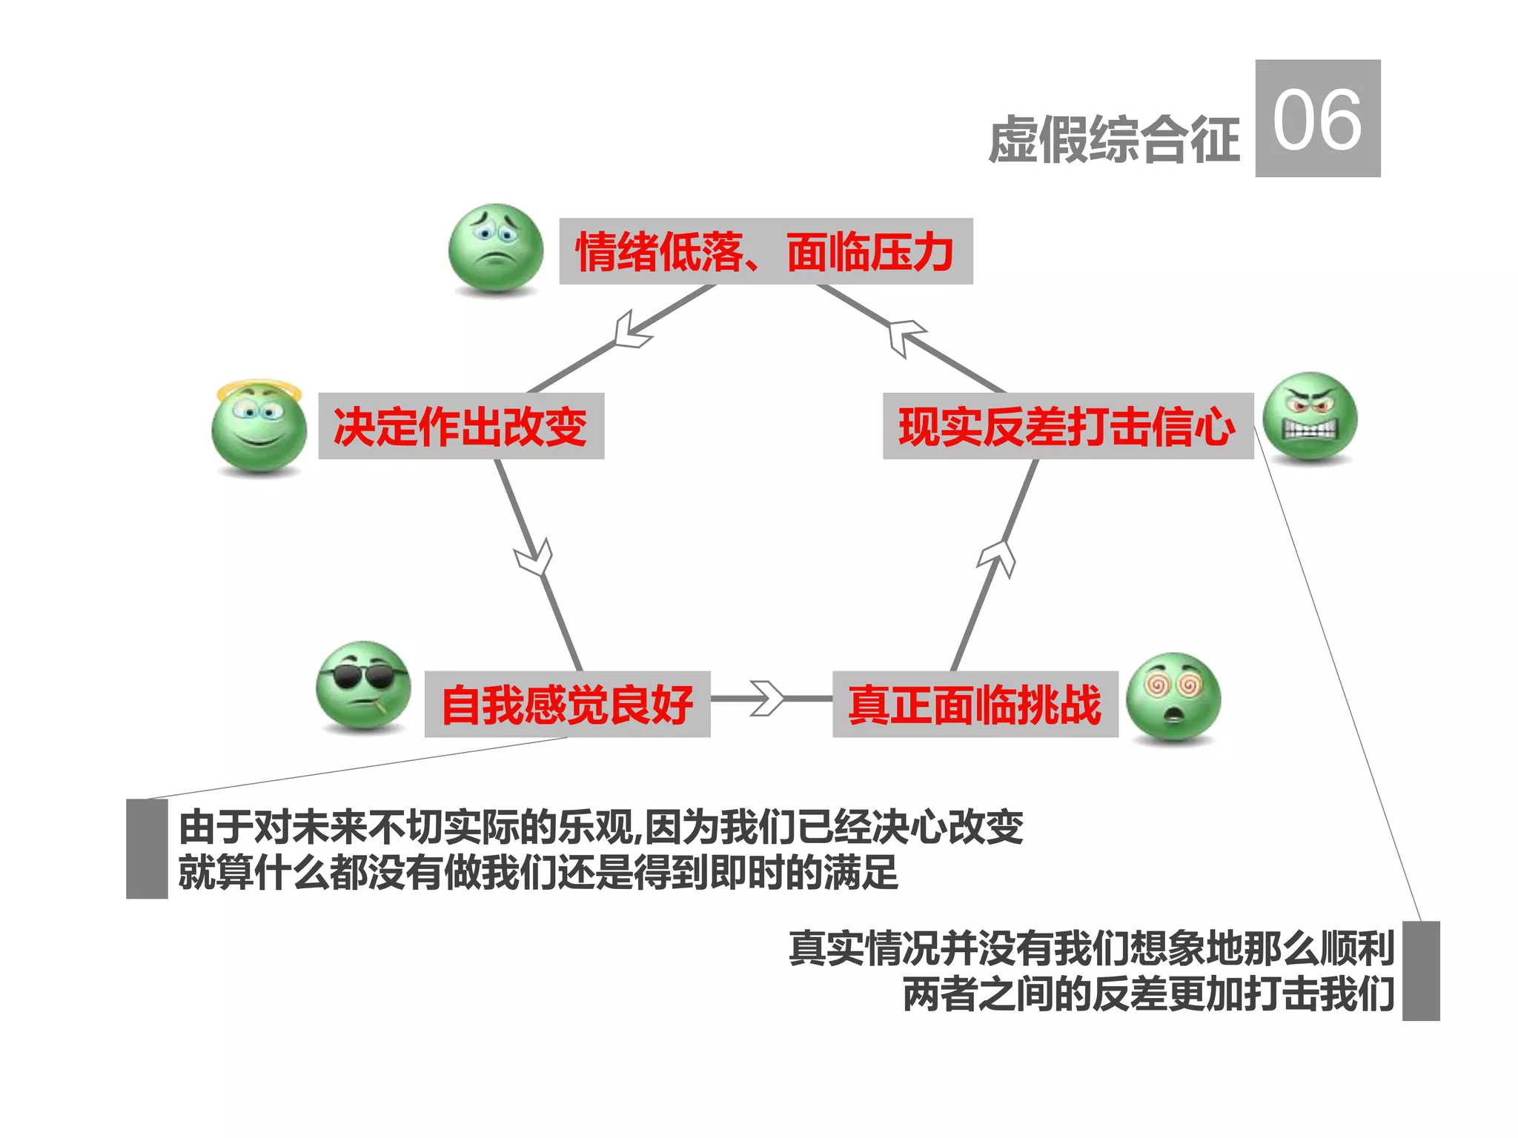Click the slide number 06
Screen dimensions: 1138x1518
tap(1317, 119)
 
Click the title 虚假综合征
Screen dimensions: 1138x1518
tap(1113, 139)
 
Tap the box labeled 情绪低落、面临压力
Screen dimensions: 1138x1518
tap(765, 251)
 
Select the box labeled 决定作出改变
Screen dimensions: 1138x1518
tap(461, 426)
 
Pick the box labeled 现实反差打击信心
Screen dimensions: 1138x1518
tap(1067, 426)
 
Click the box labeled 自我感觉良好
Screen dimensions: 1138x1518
tap(567, 704)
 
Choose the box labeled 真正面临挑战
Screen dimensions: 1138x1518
tap(975, 704)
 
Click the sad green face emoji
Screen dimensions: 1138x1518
tap(495, 248)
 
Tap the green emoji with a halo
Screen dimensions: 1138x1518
tap(259, 427)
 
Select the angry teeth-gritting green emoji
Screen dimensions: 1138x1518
tap(1310, 417)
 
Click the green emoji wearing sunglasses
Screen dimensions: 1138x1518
tap(363, 685)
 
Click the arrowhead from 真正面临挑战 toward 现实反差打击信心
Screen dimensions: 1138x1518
tap(998, 556)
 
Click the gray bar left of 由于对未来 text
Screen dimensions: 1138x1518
tap(147, 849)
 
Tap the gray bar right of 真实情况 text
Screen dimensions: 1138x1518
tap(1421, 971)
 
